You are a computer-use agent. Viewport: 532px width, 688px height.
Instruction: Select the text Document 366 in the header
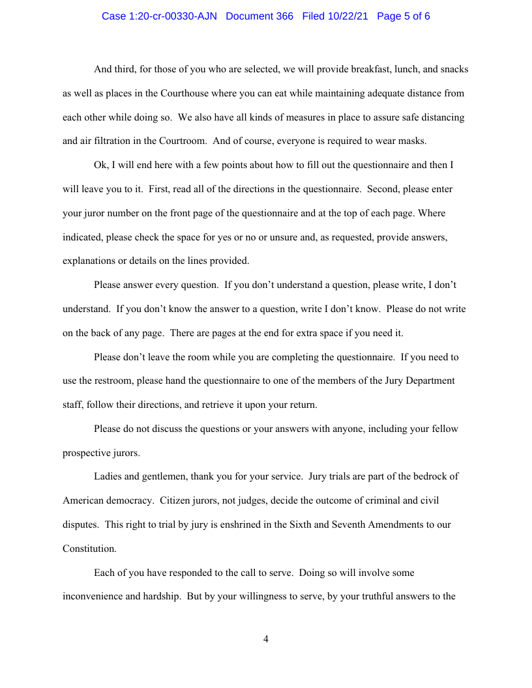click(x=259, y=16)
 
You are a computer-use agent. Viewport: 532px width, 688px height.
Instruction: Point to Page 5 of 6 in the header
click(x=404, y=16)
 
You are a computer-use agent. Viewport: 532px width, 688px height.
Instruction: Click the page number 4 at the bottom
click(x=266, y=639)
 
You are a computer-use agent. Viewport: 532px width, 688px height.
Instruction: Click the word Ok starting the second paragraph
click(x=100, y=165)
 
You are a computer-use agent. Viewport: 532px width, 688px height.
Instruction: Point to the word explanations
click(x=89, y=261)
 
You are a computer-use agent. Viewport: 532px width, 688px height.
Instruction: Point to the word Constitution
click(x=89, y=549)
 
